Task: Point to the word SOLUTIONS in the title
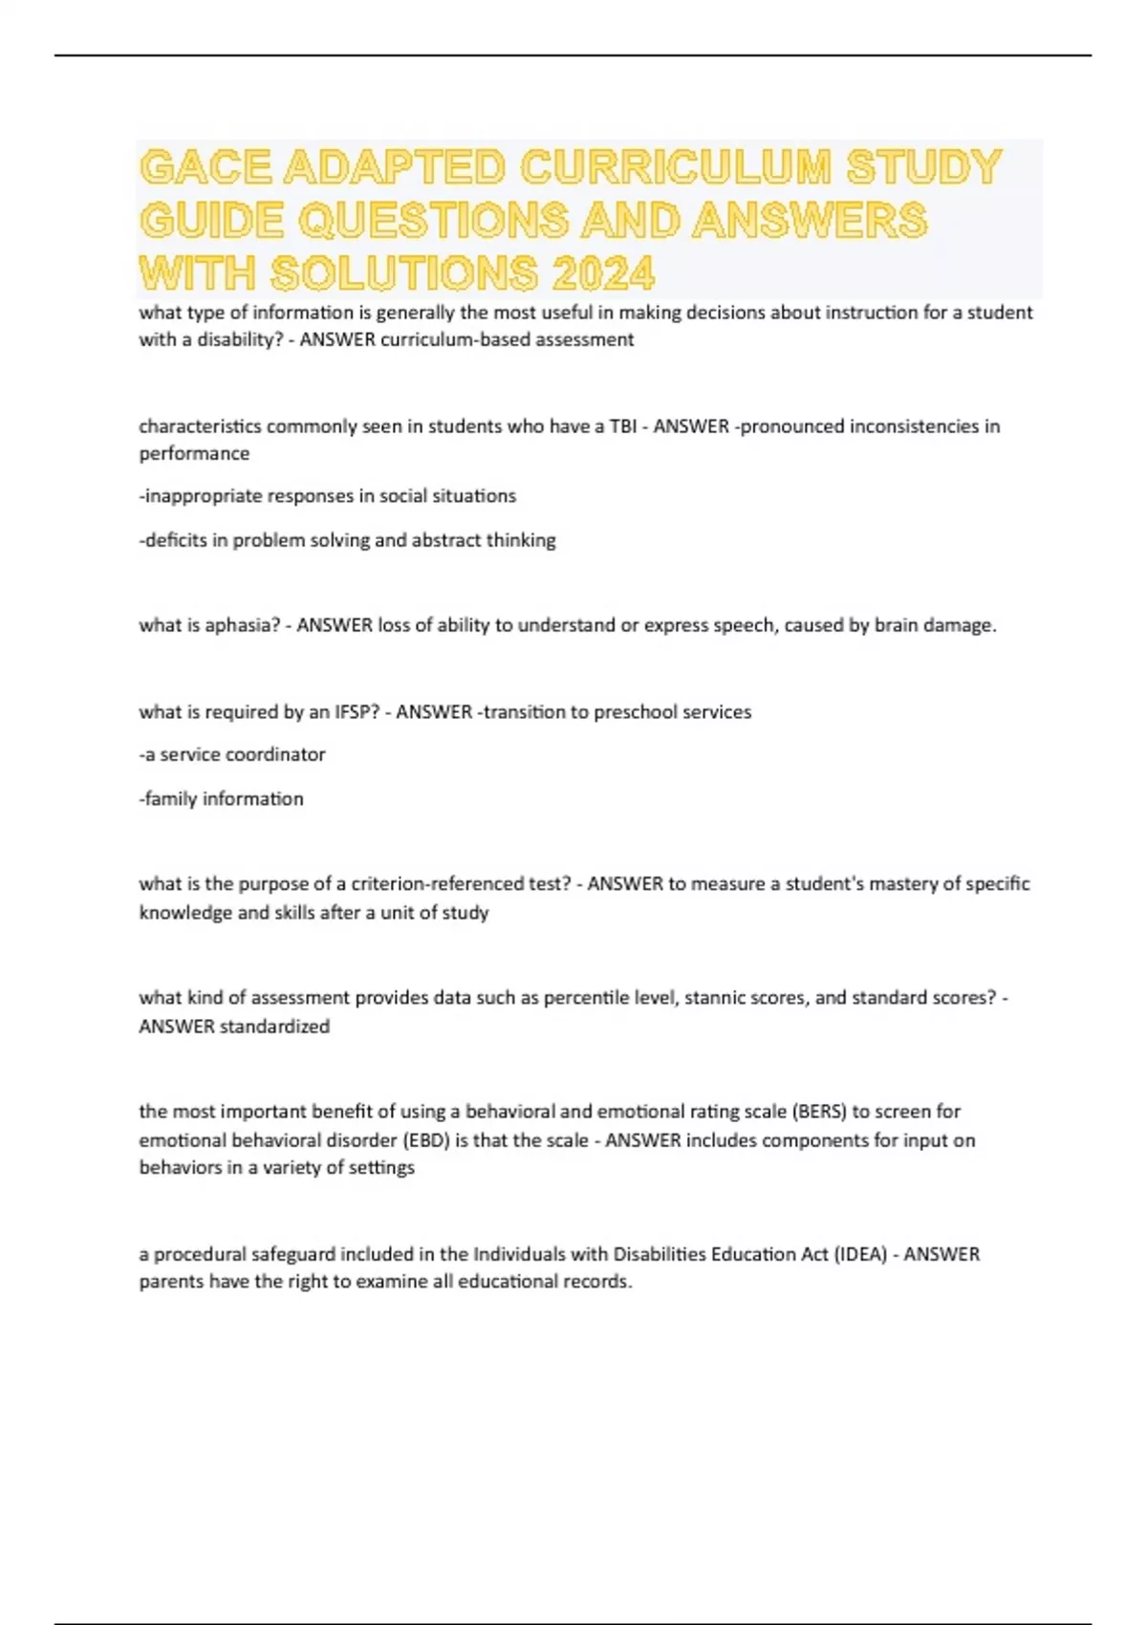click(403, 274)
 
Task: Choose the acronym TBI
click(622, 426)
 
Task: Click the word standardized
click(274, 1027)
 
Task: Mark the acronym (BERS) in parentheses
click(818, 1112)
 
